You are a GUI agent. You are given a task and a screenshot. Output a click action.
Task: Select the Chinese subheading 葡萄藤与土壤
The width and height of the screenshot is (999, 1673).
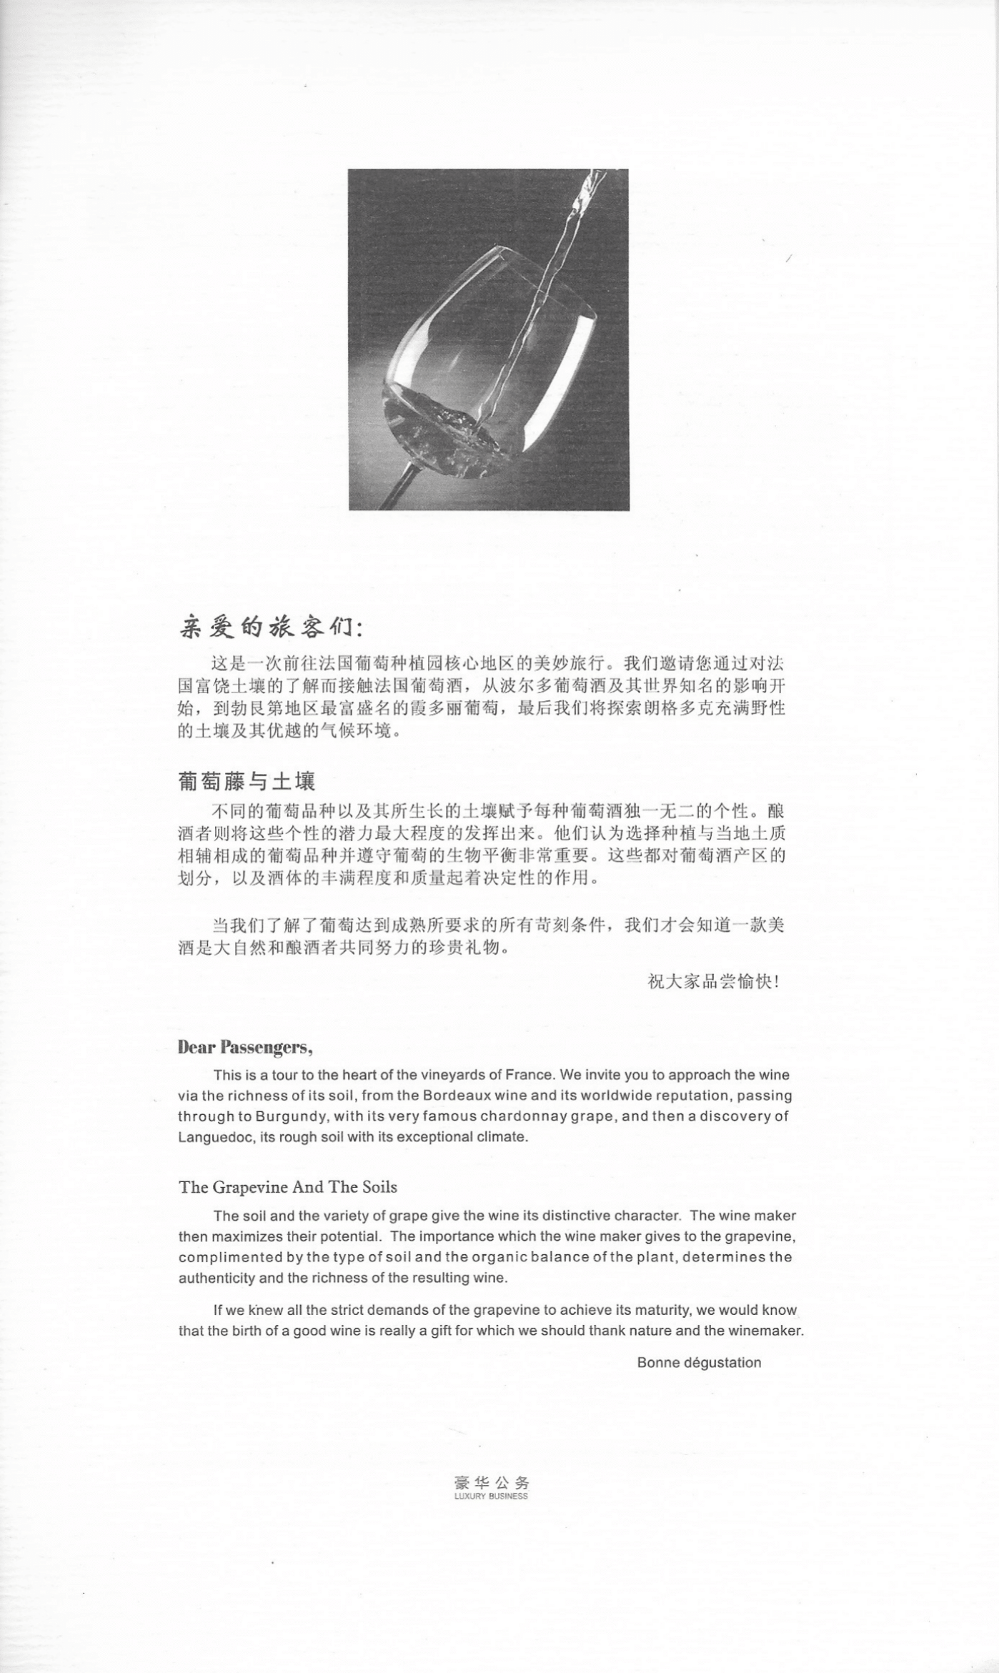point(247,781)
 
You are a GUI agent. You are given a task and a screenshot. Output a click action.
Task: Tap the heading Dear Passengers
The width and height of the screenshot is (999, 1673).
point(245,1048)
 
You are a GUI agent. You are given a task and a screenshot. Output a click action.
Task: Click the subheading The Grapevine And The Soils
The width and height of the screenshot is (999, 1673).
point(288,1187)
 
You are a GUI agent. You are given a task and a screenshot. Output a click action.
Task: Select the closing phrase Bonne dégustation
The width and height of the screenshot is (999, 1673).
point(699,1362)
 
